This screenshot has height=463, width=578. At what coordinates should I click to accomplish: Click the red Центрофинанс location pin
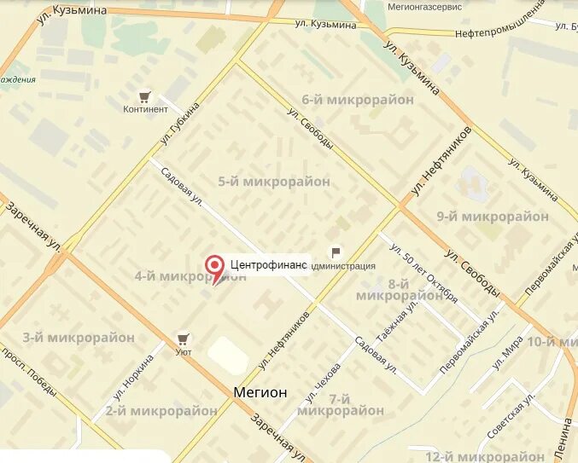point(217,265)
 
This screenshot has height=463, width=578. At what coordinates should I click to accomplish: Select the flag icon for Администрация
point(336,252)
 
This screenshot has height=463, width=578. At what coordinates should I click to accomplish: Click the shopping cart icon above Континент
point(145,96)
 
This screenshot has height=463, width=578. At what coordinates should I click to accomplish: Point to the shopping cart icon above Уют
point(183,339)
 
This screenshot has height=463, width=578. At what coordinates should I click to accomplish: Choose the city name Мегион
point(260,392)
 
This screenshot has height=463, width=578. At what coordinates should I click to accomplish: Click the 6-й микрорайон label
point(346,100)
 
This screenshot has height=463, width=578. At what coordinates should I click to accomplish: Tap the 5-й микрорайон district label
point(273,181)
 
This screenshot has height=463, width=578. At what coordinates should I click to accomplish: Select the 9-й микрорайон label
point(492,217)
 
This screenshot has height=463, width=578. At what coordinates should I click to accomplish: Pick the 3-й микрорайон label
point(79,338)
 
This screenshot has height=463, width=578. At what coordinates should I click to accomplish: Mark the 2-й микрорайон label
point(161,410)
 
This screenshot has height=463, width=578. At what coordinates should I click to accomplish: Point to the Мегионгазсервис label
point(424,6)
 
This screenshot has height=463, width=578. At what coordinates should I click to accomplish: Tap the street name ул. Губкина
point(179,124)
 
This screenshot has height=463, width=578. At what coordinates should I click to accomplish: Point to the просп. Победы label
point(30,370)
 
